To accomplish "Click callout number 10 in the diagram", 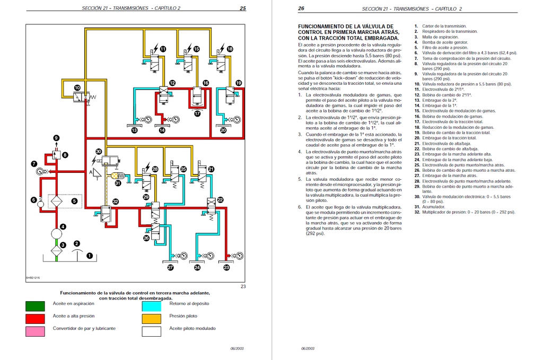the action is click(x=77, y=88).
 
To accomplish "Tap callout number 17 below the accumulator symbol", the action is click(x=197, y=113).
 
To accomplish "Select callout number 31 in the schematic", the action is click(x=118, y=183).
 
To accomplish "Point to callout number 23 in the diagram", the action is click(x=226, y=267).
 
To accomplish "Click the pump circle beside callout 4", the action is click(x=56, y=234).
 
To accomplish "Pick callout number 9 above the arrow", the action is click(x=56, y=138).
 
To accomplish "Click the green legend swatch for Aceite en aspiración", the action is click(x=35, y=306).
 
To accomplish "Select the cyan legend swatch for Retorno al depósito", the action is click(x=151, y=306).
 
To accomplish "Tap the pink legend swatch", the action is click(x=35, y=331).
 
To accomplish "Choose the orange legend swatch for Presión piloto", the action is click(x=151, y=319).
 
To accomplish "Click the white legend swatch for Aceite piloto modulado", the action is click(x=151, y=331).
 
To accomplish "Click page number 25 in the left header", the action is click(x=243, y=8).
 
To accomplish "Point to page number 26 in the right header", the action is click(x=301, y=8).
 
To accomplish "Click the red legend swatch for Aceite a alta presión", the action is click(x=35, y=319).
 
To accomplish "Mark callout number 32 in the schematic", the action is click(x=115, y=201).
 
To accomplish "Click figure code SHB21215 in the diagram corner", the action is click(x=33, y=278).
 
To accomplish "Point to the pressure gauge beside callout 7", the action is click(x=41, y=171).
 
